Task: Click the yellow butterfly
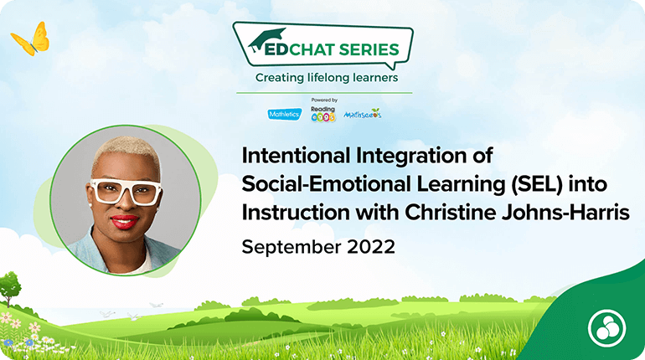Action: click(31, 40)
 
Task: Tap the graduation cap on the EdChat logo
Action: click(266, 39)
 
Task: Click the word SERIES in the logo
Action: click(369, 49)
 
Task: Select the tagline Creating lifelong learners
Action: click(327, 78)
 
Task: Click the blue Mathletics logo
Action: click(285, 114)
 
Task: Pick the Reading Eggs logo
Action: click(322, 114)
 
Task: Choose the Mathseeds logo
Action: click(363, 114)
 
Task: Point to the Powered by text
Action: click(324, 100)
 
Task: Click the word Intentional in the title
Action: click(296, 156)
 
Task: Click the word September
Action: click(292, 248)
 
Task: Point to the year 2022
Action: click(371, 247)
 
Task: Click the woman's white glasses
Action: click(126, 192)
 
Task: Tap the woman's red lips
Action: click(124, 222)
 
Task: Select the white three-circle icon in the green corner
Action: click(606, 328)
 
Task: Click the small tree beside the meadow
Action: click(9, 289)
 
